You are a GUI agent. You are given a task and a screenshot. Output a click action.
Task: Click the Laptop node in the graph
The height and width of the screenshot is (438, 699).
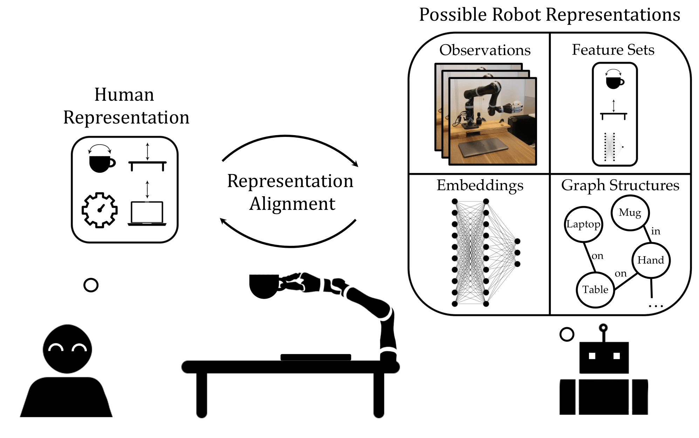tap(583, 224)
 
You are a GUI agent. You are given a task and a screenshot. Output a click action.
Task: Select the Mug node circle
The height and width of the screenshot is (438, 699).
tap(630, 213)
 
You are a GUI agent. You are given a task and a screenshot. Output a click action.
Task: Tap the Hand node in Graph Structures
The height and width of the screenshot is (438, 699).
tap(651, 260)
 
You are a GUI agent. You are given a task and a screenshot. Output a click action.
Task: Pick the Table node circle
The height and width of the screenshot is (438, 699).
tap(595, 290)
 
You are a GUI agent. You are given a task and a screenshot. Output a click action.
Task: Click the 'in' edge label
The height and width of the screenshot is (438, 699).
tap(656, 231)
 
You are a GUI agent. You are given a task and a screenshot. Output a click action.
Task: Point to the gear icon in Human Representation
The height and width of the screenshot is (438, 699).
tap(100, 210)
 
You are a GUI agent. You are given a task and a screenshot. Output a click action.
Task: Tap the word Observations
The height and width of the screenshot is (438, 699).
tap(485, 50)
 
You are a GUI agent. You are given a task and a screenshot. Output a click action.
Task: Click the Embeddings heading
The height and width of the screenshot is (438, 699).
tap(480, 185)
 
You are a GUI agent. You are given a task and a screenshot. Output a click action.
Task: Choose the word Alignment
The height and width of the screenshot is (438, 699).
tap(292, 204)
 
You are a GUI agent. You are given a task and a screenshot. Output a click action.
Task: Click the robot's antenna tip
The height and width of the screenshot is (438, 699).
tap(603, 328)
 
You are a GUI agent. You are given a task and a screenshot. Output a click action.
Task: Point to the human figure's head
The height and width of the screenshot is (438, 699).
tap(67, 349)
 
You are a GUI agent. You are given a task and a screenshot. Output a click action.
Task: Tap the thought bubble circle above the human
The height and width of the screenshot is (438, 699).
tap(91, 285)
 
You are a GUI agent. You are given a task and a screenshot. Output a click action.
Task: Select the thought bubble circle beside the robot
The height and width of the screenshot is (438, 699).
tap(567, 334)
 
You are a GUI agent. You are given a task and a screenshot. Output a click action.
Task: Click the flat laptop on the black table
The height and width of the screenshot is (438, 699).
tap(316, 357)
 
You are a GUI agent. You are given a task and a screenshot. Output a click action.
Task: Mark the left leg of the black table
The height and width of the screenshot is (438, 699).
tap(201, 395)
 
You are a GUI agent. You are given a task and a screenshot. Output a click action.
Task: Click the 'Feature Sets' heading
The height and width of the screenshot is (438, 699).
tap(613, 50)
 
